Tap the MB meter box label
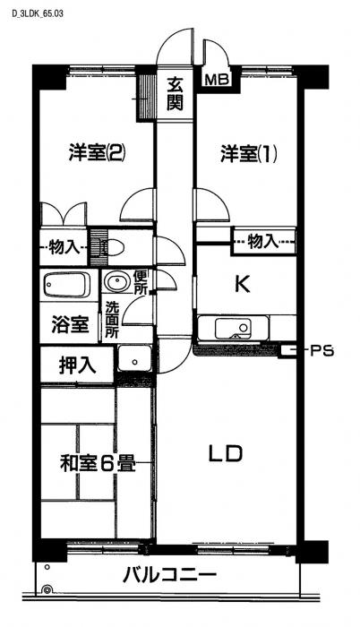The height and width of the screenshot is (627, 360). point(216,80)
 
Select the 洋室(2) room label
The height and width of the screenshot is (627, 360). point(98,153)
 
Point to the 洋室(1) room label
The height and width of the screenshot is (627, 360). point(248,153)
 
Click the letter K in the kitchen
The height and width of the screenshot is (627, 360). point(242,284)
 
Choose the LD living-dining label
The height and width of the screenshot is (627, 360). point(226,454)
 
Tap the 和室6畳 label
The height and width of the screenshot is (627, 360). point(98,464)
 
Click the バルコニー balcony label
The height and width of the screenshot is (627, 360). point(169,576)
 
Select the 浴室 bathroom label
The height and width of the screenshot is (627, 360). point(70,325)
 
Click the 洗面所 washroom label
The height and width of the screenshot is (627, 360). point(112,320)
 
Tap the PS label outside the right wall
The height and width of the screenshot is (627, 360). point(322,351)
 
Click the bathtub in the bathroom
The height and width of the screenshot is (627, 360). point(66,285)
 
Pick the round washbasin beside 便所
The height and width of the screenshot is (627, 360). point(116,281)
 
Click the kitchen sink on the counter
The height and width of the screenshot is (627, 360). point(233,329)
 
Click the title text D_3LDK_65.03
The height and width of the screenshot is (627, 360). point(38,13)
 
